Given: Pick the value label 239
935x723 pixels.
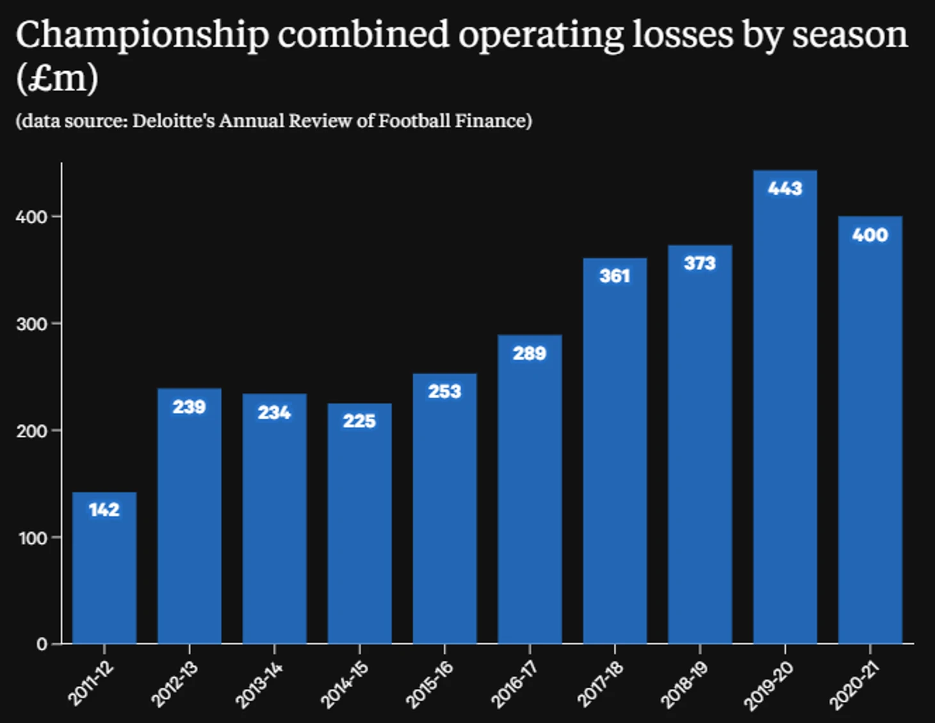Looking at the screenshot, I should tap(189, 407).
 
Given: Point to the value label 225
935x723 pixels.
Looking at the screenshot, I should tap(359, 421).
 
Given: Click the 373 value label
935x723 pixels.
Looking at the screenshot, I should tap(699, 263).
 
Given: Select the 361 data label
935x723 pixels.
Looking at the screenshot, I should tap(615, 276).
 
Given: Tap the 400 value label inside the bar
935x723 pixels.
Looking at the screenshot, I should tap(870, 235).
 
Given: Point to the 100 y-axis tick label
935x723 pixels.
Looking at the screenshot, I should tap(32, 538).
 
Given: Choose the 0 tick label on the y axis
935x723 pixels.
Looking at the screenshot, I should tap(42, 644).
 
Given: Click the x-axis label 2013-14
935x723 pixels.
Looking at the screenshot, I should tap(259, 685).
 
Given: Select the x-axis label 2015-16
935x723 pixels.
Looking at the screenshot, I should tap(429, 685).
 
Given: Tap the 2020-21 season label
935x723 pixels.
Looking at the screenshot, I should tap(854, 685).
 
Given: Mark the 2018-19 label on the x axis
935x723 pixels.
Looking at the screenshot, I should tap(684, 685).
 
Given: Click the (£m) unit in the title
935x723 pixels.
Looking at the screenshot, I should tap(58, 78).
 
